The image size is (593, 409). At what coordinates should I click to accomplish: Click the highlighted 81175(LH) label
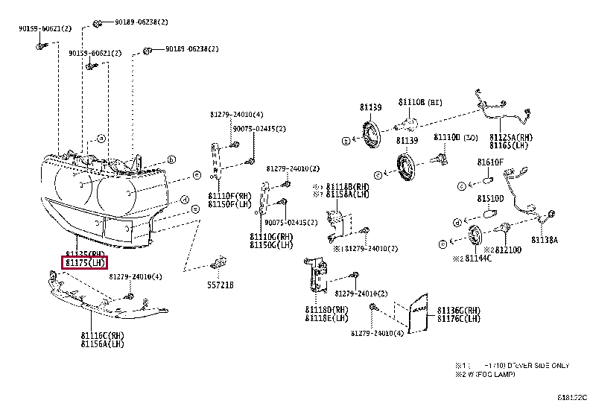[85, 262]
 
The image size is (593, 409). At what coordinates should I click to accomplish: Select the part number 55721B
[220, 285]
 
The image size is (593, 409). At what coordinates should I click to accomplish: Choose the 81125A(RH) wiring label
[511, 137]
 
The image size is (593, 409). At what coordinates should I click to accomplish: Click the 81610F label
[490, 162]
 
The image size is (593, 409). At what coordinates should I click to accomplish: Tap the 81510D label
[490, 199]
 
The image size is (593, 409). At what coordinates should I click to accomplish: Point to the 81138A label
[545, 240]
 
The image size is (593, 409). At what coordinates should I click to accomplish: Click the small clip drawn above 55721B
[219, 262]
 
